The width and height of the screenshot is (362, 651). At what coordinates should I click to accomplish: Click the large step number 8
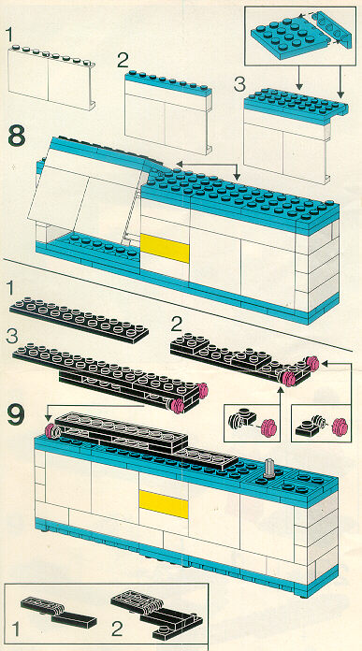coord(17,137)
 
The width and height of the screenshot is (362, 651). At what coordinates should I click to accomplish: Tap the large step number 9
coord(17,415)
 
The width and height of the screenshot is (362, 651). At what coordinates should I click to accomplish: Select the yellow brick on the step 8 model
coord(165,248)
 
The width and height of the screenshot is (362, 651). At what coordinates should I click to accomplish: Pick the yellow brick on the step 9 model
coord(164,504)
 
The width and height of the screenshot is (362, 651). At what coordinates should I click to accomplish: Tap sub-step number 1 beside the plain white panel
coord(11,35)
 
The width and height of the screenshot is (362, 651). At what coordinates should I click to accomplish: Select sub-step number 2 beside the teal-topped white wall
coord(123,61)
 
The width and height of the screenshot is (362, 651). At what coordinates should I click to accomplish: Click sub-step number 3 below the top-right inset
coord(239,85)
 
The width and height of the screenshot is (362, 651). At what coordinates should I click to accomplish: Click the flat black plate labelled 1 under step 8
coord(80,319)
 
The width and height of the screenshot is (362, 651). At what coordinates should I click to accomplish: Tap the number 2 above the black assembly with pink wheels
coord(177,325)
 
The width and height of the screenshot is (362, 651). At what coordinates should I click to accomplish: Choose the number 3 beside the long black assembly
coord(12,337)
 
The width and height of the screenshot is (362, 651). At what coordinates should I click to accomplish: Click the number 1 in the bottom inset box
coord(15,629)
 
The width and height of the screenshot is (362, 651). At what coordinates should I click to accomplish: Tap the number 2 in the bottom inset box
coord(117,629)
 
